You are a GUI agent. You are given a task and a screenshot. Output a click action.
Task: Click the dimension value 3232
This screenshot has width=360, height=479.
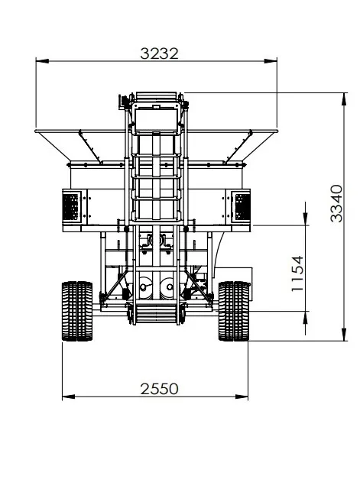[x=159, y=53]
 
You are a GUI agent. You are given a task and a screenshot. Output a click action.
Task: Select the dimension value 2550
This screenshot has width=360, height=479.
[x=159, y=389]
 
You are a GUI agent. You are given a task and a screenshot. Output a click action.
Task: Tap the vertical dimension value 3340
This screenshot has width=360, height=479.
[x=337, y=203]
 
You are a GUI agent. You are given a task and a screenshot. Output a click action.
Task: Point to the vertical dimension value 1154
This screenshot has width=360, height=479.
[x=297, y=273]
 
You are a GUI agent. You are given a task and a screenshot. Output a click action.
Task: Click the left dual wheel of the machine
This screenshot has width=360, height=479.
[x=77, y=311]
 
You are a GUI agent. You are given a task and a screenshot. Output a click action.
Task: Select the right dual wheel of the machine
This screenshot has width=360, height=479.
[x=234, y=311]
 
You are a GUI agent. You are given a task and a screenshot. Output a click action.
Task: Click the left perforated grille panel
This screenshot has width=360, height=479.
[x=70, y=207]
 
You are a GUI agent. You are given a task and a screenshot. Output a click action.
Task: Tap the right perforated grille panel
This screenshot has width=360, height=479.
[x=242, y=207]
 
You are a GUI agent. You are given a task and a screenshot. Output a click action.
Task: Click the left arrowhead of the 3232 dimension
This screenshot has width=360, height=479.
[x=42, y=61]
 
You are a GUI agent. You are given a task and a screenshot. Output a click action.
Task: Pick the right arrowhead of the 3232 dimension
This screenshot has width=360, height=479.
[x=271, y=61]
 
